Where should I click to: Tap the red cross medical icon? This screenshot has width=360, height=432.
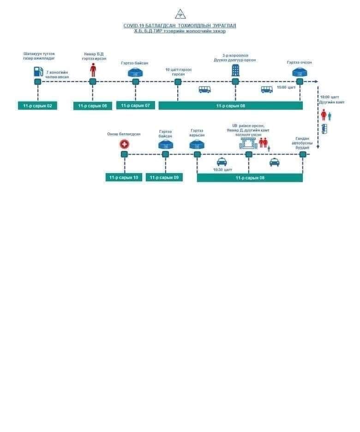(x=124, y=144)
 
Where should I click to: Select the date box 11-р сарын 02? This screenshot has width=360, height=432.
(x=37, y=106)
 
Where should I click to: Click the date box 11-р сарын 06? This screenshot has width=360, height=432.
(x=92, y=106)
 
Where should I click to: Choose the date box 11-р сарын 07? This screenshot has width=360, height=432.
(x=135, y=105)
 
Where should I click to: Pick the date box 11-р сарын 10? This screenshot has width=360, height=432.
(x=124, y=177)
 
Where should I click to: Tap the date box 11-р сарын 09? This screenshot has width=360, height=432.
(x=164, y=177)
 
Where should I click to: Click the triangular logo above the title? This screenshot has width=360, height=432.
(x=180, y=14)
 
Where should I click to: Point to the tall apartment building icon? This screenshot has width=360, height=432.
(x=235, y=70)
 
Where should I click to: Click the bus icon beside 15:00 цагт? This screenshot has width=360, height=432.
(x=267, y=90)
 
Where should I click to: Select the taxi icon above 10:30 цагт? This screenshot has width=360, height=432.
(x=222, y=162)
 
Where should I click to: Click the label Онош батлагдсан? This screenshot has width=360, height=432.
(x=124, y=134)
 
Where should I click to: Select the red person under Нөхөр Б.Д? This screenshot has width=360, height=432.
(x=93, y=71)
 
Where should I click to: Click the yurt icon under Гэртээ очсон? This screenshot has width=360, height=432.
(x=299, y=72)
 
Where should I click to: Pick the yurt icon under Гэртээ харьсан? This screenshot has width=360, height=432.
(x=197, y=144)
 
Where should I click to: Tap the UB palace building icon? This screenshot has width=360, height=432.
(x=248, y=143)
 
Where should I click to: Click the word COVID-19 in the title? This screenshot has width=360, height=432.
(x=134, y=26)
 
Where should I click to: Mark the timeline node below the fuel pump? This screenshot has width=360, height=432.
(x=38, y=82)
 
